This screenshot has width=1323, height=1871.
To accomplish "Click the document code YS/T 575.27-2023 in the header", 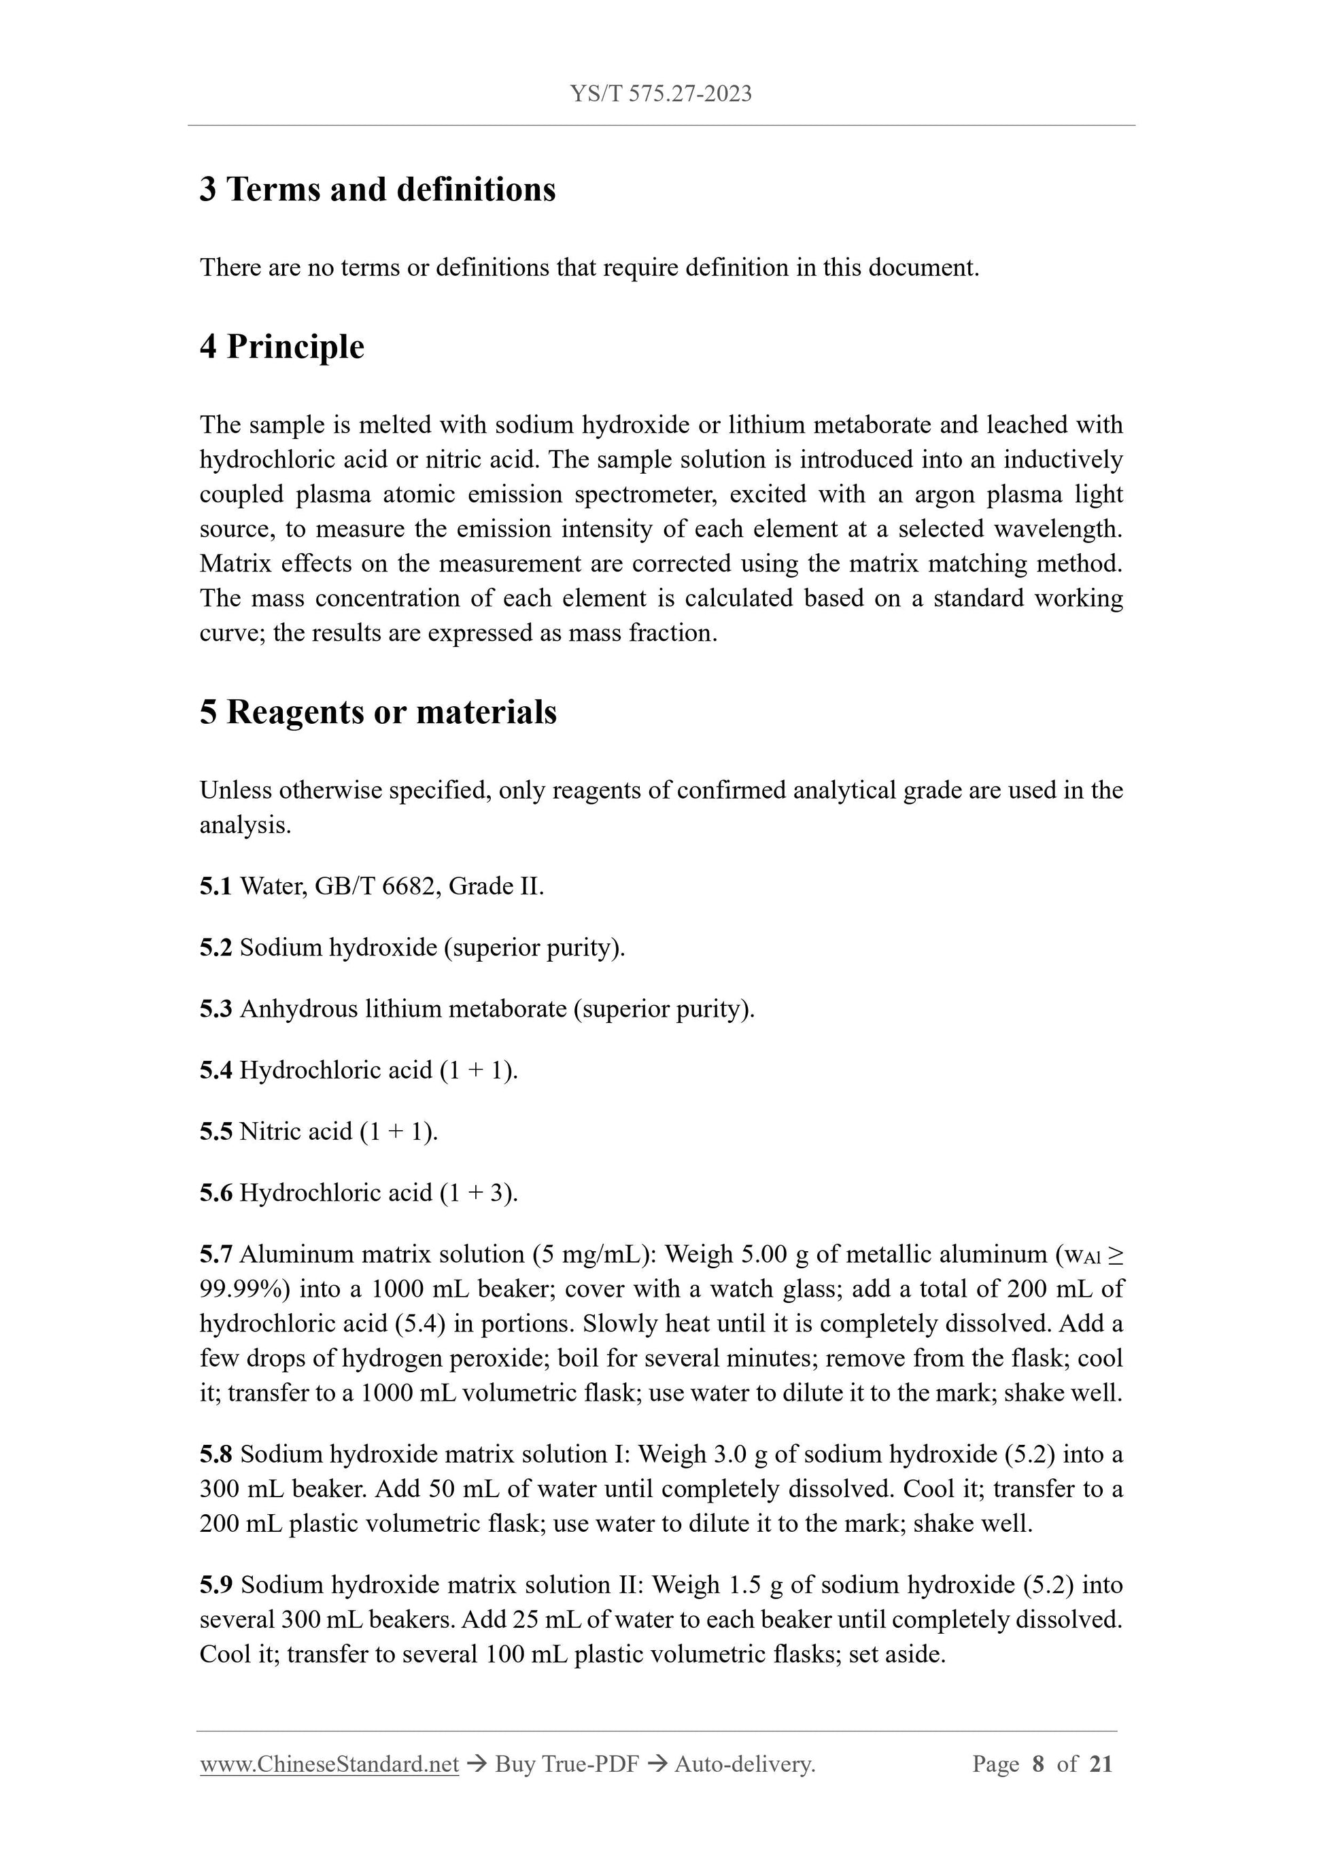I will [x=660, y=94].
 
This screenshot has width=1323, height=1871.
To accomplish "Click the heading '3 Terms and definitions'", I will [x=377, y=189].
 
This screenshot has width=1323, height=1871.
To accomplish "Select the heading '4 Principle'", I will [x=282, y=347].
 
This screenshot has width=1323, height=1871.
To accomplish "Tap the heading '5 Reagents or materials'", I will [x=378, y=712].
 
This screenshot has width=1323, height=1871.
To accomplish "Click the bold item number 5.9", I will [x=216, y=1584].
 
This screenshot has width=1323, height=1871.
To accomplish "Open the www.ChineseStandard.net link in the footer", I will [x=329, y=1764].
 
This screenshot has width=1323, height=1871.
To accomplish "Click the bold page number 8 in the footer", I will [x=1037, y=1764].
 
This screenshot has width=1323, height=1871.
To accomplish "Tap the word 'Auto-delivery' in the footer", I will [x=744, y=1764].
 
